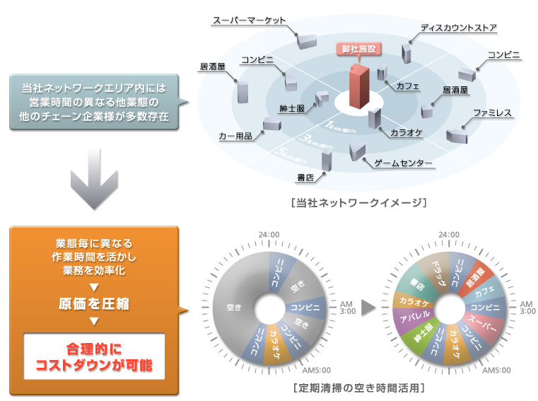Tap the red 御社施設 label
tap(358, 50)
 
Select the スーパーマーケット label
tap(250, 21)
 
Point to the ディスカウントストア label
tap(459, 28)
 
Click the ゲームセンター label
tap(403, 163)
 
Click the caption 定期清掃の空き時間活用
tap(363, 389)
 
